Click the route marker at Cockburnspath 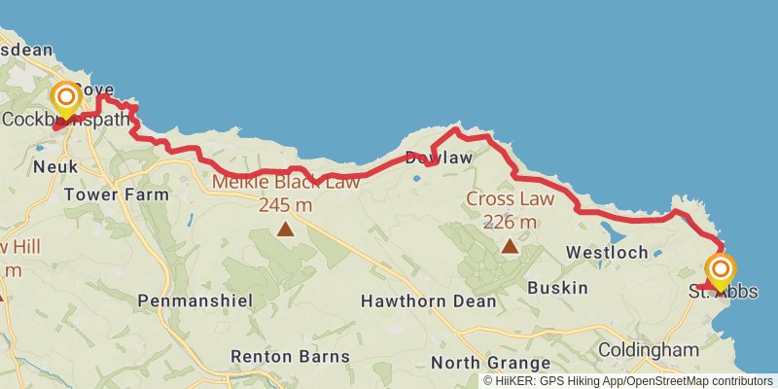(66, 98)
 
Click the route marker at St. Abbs (721, 269)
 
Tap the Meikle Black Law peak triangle (285, 230)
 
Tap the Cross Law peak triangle (510, 246)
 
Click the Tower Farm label (116, 194)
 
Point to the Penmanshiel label (194, 301)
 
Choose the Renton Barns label (289, 356)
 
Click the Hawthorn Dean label (428, 301)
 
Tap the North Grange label (483, 363)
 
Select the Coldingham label (648, 349)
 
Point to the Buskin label (557, 288)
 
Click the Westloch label (607, 253)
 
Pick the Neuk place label (54, 167)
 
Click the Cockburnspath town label (65, 121)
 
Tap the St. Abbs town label (723, 292)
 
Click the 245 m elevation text (285, 204)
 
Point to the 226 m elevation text (510, 222)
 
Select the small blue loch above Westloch (616, 231)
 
